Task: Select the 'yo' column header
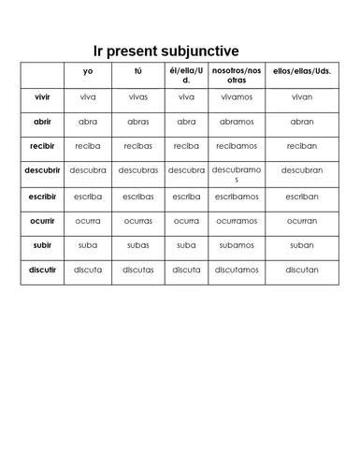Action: [x=87, y=71]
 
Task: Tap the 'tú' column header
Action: [x=137, y=71]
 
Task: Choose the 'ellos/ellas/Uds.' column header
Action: [x=301, y=72]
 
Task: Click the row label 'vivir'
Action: [x=43, y=95]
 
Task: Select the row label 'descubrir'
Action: [x=43, y=170]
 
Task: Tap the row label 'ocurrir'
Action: [x=43, y=221]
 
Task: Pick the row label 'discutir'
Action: [x=43, y=271]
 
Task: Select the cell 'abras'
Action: [x=137, y=121]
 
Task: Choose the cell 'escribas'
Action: [x=137, y=196]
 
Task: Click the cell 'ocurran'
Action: [x=301, y=221]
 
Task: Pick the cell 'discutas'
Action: [x=137, y=271]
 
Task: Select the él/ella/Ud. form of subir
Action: [x=186, y=245]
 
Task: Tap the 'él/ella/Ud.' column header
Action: [x=186, y=75]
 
